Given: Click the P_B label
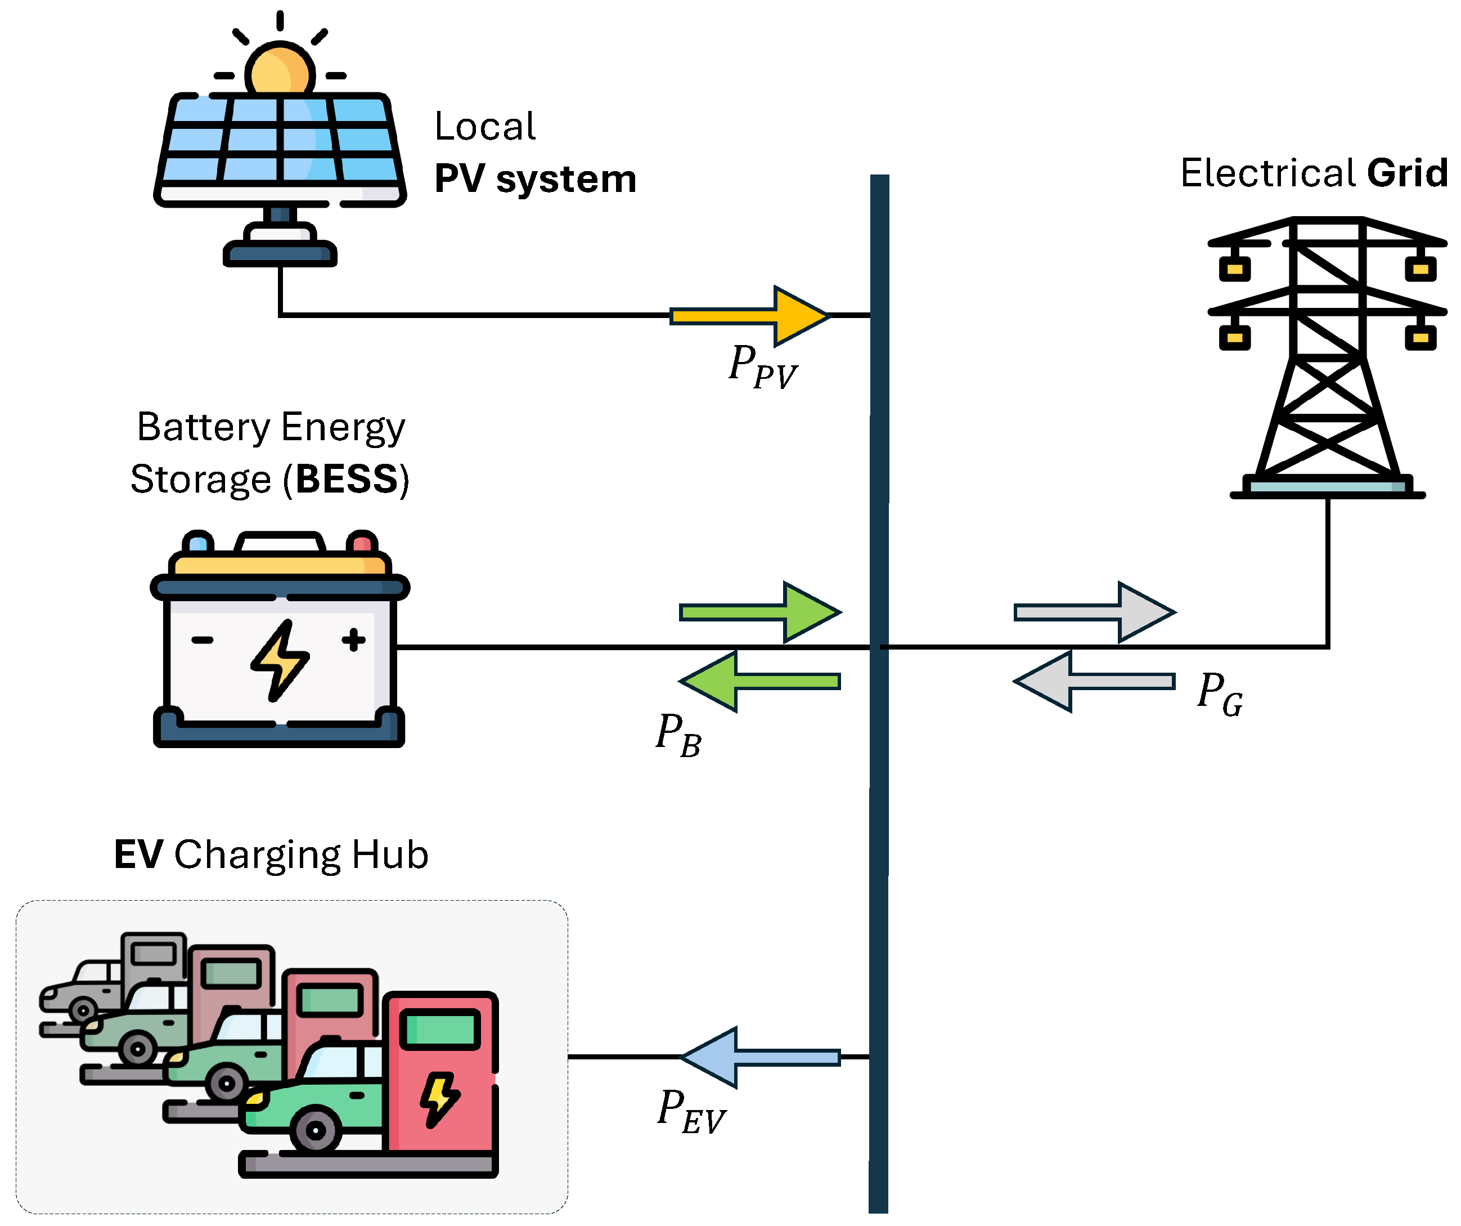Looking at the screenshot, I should (678, 735).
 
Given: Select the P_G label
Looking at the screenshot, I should (1220, 693).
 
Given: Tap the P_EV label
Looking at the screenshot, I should (691, 1111).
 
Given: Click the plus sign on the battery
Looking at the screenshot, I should (353, 639).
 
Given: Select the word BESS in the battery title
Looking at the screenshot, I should (347, 479).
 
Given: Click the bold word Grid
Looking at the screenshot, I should (1407, 173).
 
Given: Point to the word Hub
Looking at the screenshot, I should (390, 854).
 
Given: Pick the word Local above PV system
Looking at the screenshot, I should (485, 127).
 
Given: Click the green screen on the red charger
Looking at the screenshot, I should (440, 1029).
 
